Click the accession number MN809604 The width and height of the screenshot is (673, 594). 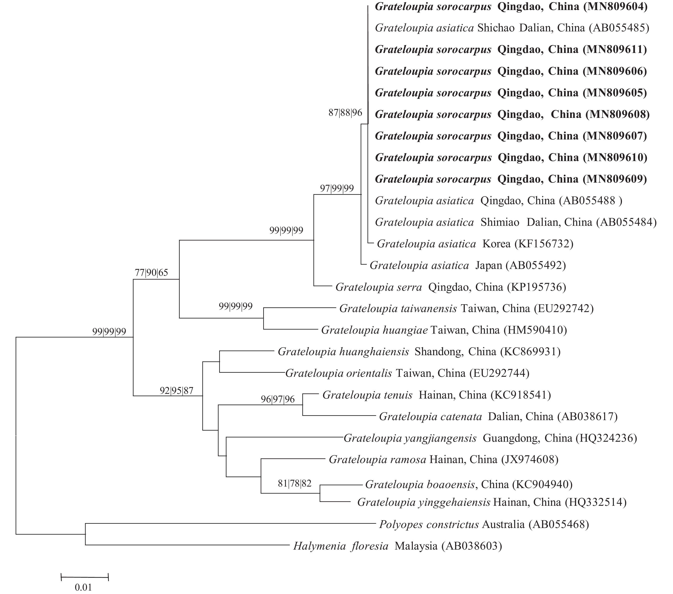pos(615,7)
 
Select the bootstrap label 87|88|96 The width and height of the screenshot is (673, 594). pos(345,113)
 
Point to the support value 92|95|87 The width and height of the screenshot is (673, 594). pos(176,391)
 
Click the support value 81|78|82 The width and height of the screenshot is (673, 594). pos(295,483)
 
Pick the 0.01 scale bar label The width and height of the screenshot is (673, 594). pos(83,587)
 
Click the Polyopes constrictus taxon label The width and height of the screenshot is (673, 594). pos(429,524)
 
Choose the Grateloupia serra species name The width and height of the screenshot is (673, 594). pos(379,287)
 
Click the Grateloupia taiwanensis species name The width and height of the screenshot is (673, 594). pos(398,308)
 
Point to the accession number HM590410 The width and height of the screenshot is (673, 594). pos(535,330)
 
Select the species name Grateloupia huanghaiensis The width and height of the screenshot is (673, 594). pos(343,352)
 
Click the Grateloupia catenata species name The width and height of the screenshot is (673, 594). pos(430,417)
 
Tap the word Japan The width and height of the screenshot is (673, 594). pos(489,265)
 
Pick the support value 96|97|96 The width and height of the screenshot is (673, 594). pos(278,399)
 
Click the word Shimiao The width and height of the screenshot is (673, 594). pos(500,223)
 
